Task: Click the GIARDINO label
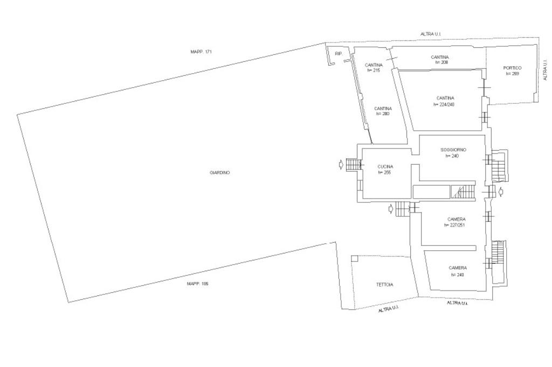[219, 173]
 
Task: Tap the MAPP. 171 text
[201, 52]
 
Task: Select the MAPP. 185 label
[197, 284]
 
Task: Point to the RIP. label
[339, 54]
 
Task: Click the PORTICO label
[512, 68]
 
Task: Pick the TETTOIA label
[384, 285]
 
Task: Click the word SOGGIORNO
[453, 150]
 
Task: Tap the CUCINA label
[385, 167]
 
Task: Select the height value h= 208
[441, 62]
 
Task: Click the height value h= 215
[374, 70]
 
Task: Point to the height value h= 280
[383, 114]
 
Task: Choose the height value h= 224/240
[444, 104]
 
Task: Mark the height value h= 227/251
[454, 225]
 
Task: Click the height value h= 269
[512, 74]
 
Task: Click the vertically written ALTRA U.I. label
[546, 70]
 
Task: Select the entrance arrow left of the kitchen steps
[340, 164]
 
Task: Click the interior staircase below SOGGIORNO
[464, 191]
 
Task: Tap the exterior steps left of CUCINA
[353, 164]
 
